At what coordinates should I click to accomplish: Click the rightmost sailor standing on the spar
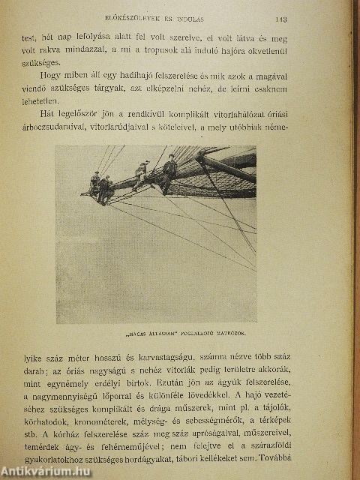169,170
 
